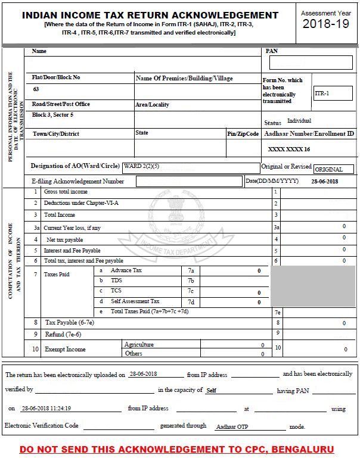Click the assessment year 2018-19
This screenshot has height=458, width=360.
(x=326, y=24)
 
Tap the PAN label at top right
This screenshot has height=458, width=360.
(x=271, y=51)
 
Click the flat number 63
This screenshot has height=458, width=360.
(x=36, y=89)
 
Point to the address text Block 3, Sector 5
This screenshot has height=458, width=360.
(x=53, y=114)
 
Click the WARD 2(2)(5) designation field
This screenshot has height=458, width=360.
(x=191, y=167)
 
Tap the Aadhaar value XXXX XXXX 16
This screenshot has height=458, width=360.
(x=289, y=149)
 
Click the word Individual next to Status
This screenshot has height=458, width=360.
(x=299, y=121)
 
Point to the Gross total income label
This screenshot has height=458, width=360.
(x=66, y=192)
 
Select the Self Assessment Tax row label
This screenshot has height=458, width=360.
(x=135, y=301)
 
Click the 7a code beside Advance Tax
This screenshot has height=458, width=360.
(x=191, y=270)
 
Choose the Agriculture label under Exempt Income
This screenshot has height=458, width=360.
(x=139, y=344)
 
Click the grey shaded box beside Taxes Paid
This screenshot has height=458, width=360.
(x=314, y=286)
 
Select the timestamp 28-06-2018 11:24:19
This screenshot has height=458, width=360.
(x=46, y=409)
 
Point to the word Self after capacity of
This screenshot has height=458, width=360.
(x=211, y=391)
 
